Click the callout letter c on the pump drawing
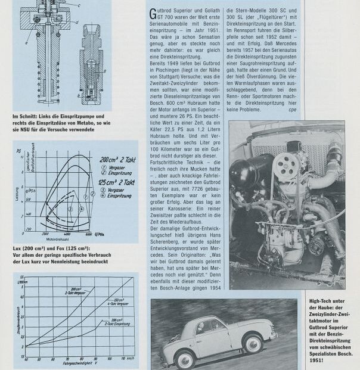79,5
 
